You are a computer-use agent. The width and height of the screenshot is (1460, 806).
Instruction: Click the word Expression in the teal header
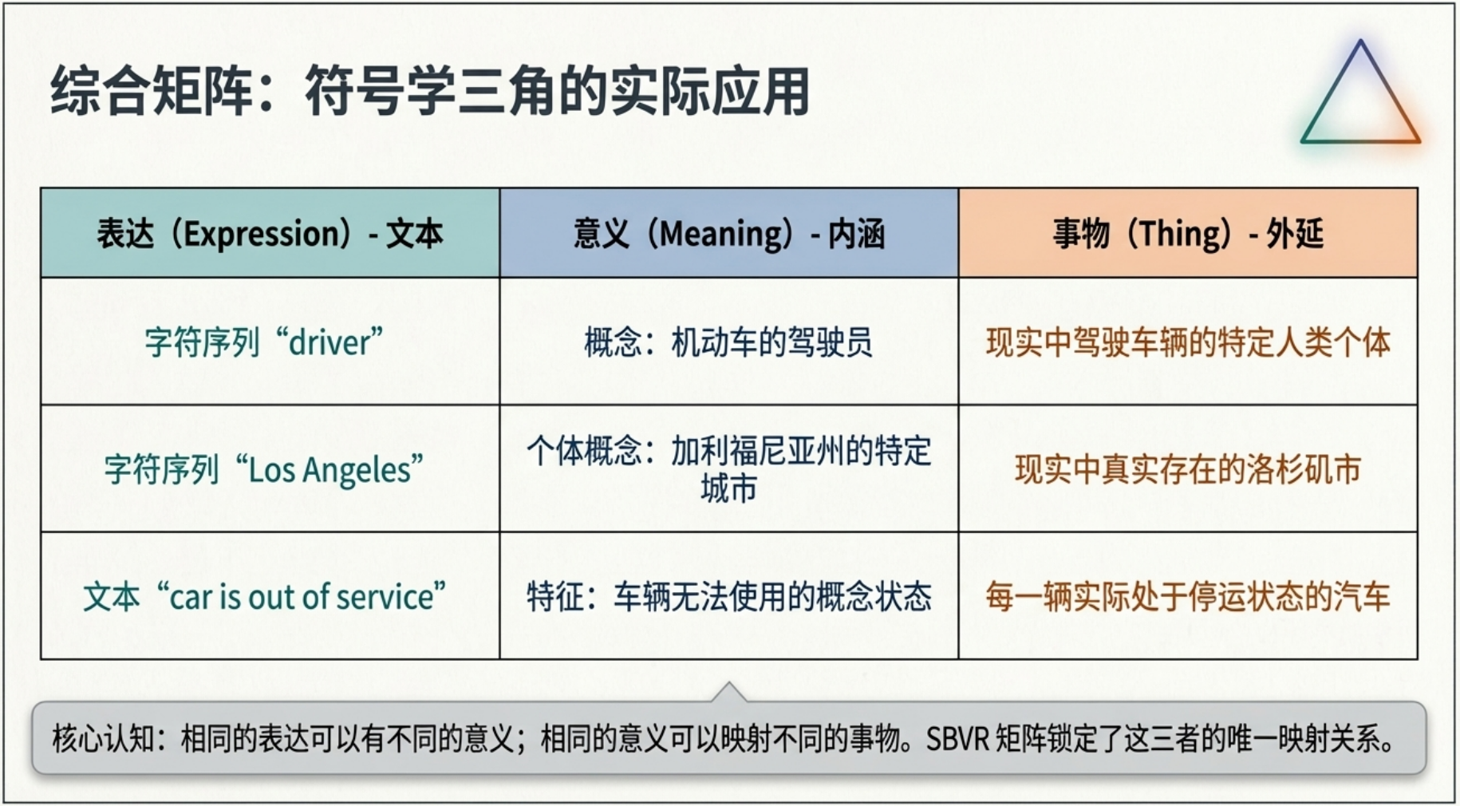[x=262, y=234]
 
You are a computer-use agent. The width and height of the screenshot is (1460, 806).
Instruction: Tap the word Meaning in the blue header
[x=721, y=234]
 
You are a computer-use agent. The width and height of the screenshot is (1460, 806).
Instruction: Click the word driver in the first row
[x=329, y=343]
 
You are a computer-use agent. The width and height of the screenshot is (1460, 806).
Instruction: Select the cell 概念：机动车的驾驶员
[x=728, y=342]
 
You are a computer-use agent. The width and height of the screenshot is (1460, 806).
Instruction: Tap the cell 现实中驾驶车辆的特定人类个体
[x=1188, y=342]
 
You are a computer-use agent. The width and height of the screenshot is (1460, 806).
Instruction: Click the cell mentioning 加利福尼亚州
[x=728, y=468]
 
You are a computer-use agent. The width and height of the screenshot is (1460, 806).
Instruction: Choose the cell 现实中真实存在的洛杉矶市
[x=1188, y=469]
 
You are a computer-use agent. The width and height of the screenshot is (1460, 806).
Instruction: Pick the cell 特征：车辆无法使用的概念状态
[x=728, y=596]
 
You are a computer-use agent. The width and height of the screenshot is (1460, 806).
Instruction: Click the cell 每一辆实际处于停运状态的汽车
[x=1188, y=596]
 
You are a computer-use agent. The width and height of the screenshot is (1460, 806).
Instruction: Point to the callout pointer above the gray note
[x=729, y=693]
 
